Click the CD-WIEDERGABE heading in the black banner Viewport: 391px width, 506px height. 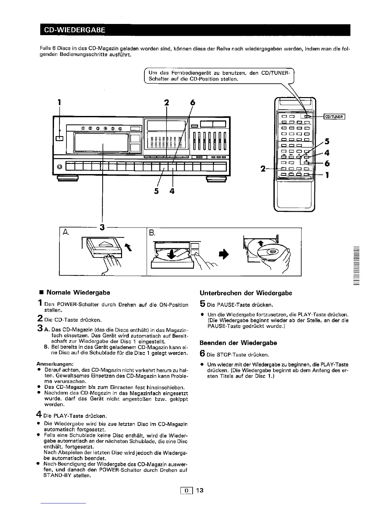tap(74, 30)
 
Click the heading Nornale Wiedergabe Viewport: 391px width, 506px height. tap(78, 292)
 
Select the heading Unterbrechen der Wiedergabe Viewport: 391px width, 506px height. tap(246, 293)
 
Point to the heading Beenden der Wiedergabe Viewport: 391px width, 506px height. tap(238, 343)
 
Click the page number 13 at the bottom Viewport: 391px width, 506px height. tap(200, 490)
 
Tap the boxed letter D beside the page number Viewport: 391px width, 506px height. tap(186, 490)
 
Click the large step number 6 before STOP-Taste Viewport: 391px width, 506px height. tap(202, 354)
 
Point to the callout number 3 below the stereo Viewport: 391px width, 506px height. tap(102, 227)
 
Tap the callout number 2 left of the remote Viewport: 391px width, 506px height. tap(263, 169)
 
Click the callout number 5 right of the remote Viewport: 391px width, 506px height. tap(326, 141)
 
